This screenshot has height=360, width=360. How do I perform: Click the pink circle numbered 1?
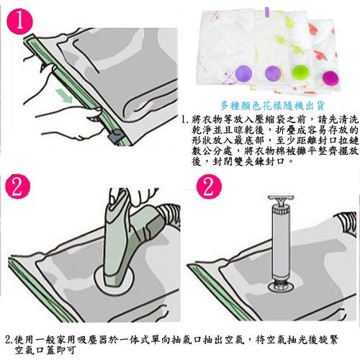click(19, 22)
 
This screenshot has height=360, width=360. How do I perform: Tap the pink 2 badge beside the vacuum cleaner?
click(18, 186)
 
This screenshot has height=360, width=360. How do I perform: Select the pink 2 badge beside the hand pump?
click(209, 186)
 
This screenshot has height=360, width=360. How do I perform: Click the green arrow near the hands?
click(64, 96)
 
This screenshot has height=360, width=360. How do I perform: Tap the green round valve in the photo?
click(301, 73)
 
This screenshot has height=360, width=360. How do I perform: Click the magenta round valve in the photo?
click(330, 78)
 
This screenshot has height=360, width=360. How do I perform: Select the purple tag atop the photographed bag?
click(267, 11)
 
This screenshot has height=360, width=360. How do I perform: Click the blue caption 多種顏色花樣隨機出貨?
click(272, 106)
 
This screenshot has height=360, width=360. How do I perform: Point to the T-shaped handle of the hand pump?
click(281, 199)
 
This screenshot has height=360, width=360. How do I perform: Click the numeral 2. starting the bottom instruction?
click(9, 340)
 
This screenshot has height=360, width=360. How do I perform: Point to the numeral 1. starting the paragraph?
click(185, 120)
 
